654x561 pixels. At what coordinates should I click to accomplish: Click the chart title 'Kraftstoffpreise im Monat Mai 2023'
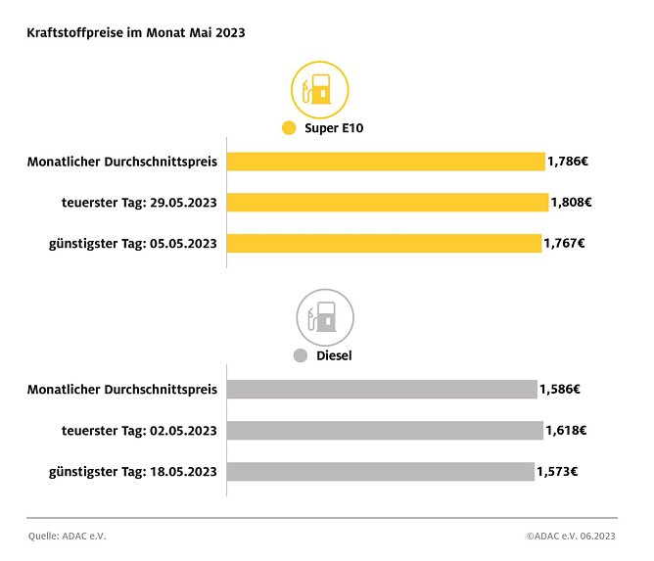point(135,32)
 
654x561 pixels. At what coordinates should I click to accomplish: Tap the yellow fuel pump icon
point(320,89)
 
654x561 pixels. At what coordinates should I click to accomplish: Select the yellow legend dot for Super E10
point(288,128)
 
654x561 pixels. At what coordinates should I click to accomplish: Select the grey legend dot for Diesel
point(301,355)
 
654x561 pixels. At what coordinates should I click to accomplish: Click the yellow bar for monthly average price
point(386,162)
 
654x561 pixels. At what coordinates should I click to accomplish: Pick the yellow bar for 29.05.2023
point(388,203)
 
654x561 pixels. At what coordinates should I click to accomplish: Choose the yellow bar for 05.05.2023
point(384,243)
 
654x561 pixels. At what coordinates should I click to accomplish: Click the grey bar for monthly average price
point(382,390)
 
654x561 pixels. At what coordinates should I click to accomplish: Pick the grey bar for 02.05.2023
point(385,431)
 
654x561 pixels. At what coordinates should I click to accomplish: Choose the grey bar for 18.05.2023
point(381,471)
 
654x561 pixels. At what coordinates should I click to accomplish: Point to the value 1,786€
point(567,162)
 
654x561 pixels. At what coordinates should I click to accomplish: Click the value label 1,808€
point(571,203)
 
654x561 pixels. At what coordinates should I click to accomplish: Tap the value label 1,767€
point(564,243)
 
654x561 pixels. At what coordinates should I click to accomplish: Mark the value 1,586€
point(560,390)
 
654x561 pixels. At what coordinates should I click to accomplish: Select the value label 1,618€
point(565,431)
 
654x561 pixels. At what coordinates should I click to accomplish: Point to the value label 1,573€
point(557,471)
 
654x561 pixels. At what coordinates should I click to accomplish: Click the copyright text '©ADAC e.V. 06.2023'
point(571,536)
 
